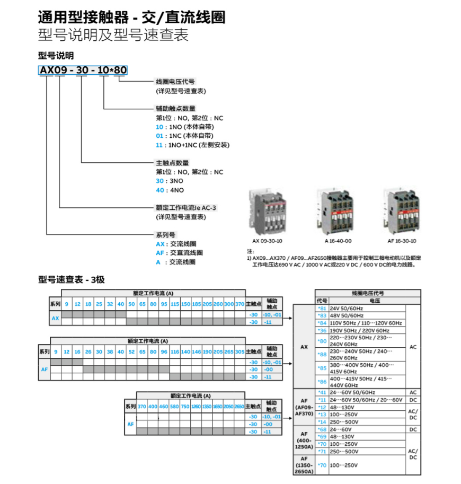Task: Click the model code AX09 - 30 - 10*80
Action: (x=83, y=70)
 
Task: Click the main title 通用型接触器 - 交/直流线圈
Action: (x=131, y=17)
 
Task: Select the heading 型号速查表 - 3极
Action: (x=72, y=279)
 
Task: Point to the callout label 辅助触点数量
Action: (x=172, y=108)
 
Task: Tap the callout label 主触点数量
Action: (x=172, y=163)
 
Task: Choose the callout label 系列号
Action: (x=165, y=235)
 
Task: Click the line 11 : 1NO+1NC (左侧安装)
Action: (x=192, y=145)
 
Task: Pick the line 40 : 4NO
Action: (x=170, y=190)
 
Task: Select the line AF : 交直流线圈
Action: (x=179, y=253)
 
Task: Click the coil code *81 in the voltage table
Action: (x=322, y=308)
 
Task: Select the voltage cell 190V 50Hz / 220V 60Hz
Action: (x=359, y=330)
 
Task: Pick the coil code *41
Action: (x=322, y=392)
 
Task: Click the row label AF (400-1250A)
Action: (x=304, y=440)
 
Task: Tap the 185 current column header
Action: (x=197, y=304)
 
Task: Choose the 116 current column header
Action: (x=174, y=351)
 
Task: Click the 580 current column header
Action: (x=174, y=406)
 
